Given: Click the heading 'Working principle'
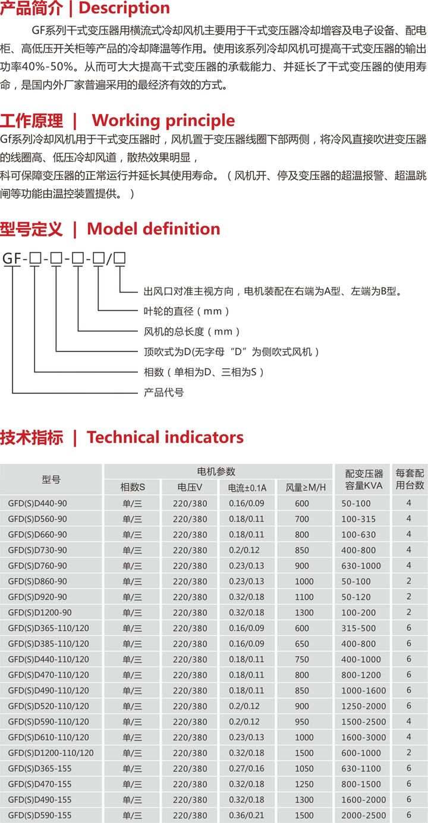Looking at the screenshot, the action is [163, 121].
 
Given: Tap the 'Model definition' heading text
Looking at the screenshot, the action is [153, 229].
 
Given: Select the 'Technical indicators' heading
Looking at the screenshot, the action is [165, 437].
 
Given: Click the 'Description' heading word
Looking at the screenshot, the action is [124, 8].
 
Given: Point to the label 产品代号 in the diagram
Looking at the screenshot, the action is [163, 392].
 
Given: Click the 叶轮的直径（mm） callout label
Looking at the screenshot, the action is [186, 311].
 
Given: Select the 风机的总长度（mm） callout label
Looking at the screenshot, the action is [191, 331].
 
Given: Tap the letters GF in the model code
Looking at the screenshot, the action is [12, 259].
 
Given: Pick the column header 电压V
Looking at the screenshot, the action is [190, 487].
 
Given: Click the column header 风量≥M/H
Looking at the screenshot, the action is [306, 488].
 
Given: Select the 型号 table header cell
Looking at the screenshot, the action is [51, 479].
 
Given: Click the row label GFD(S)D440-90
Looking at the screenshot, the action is [37, 504].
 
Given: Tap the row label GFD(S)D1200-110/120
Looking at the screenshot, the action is [51, 753].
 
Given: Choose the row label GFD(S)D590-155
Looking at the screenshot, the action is [40, 815].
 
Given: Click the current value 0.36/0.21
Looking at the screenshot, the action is [246, 815].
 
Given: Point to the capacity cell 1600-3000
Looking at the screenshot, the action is [364, 737].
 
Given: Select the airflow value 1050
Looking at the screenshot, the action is [304, 768].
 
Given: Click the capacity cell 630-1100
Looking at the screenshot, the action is [361, 768].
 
